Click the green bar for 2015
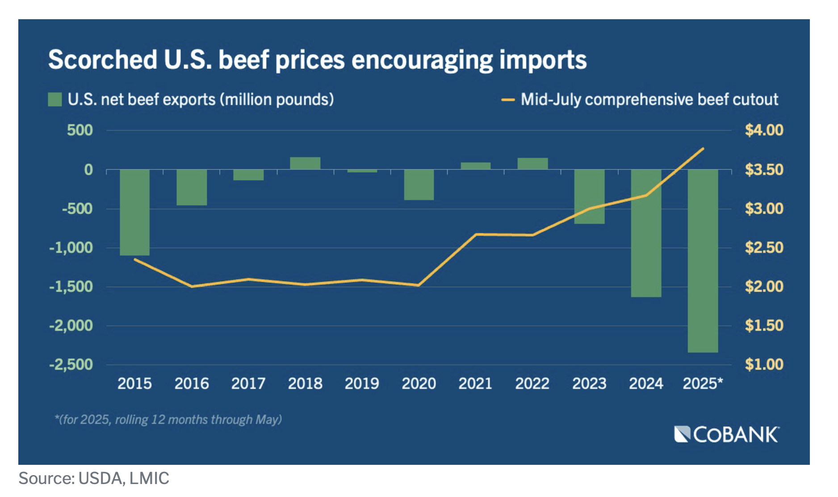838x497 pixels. coord(134,212)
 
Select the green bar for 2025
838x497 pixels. coord(703,261)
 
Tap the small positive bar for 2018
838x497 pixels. coord(305,163)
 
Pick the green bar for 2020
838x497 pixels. coord(419,185)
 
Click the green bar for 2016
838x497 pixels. coord(192,187)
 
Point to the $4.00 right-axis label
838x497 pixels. coord(764,130)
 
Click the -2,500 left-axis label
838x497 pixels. coord(71,364)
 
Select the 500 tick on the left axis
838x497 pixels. coord(80,130)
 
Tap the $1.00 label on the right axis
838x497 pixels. coord(764,364)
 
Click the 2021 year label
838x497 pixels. coord(475,383)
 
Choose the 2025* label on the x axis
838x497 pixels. coord(703,383)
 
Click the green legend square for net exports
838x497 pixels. coord(54,99)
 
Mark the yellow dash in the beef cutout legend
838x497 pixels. coord(508,100)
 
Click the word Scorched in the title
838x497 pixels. coord(103,60)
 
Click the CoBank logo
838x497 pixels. coord(727,434)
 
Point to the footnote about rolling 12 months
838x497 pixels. coord(168,420)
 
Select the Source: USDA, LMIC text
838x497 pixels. coord(94,478)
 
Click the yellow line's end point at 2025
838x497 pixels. coord(703,148)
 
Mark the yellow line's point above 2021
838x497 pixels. coord(476,234)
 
